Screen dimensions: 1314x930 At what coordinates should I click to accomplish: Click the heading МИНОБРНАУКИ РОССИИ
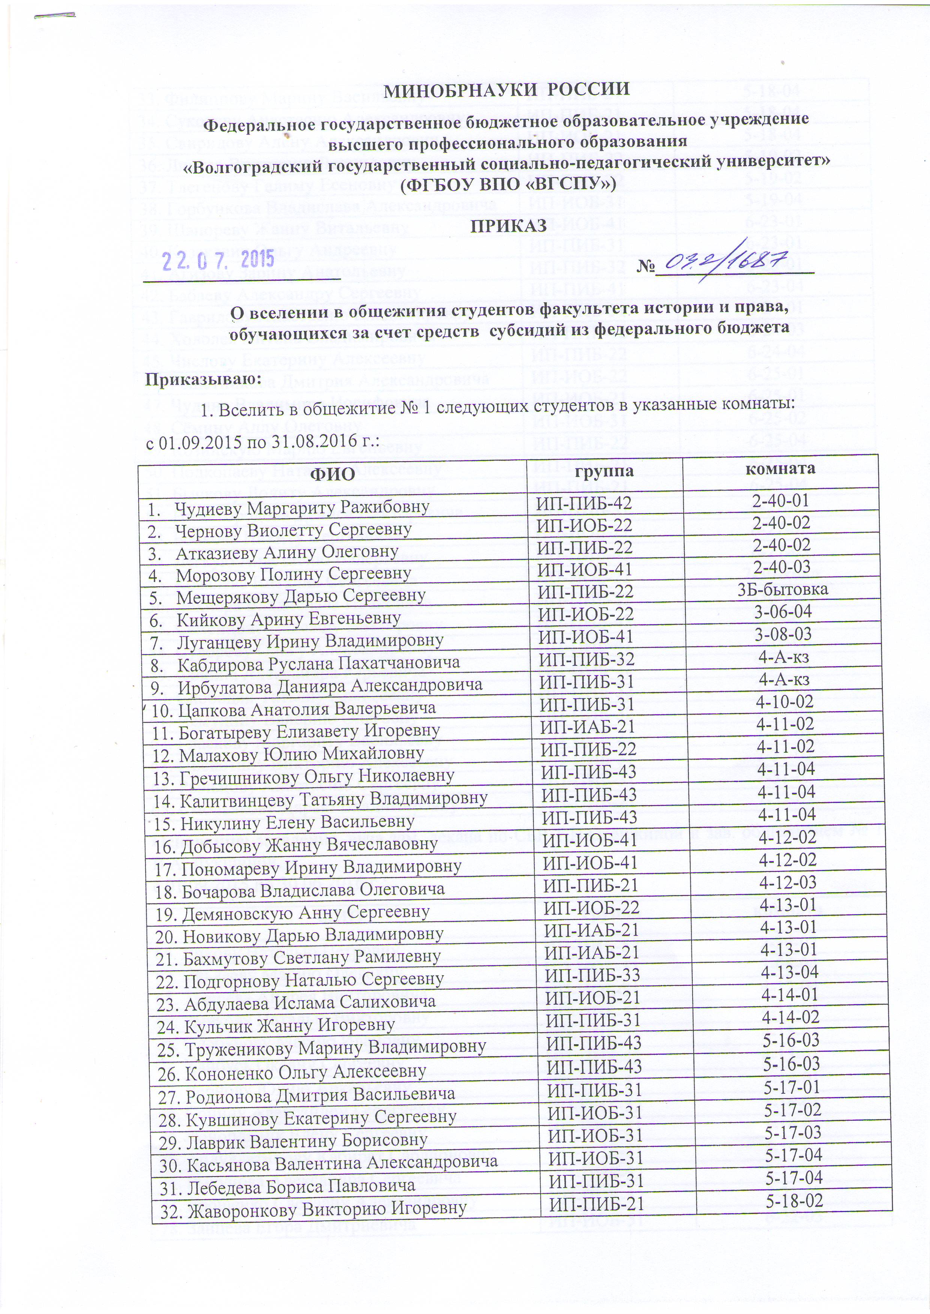[506, 90]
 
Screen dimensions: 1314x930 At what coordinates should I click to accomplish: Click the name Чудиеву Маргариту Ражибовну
[302, 507]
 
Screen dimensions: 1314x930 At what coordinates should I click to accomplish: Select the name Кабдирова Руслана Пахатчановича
[318, 663]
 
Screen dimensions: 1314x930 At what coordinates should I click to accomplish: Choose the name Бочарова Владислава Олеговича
[313, 889]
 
